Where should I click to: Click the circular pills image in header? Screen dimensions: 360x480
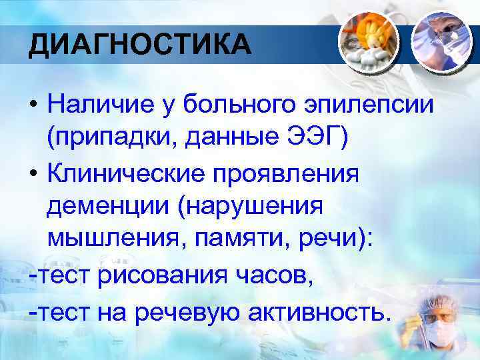[367, 41]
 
